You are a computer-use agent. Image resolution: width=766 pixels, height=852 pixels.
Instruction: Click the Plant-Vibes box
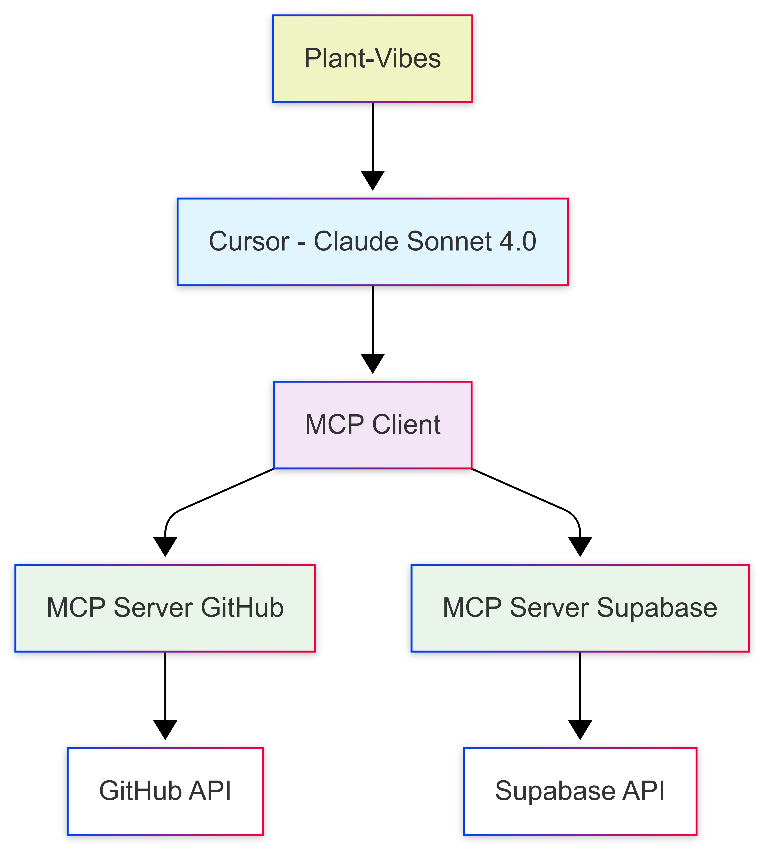tap(373, 59)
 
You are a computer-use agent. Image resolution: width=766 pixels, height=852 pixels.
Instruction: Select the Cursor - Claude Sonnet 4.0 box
tap(373, 242)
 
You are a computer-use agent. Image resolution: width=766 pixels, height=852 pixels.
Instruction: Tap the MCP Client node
tap(373, 425)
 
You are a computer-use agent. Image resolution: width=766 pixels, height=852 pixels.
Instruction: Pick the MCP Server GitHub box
tap(165, 608)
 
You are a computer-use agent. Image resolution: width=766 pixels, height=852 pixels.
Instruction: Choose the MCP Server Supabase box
tap(580, 608)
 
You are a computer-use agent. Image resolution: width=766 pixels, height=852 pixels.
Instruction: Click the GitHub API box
tap(165, 791)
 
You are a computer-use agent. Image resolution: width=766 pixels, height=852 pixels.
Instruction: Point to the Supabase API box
tap(580, 791)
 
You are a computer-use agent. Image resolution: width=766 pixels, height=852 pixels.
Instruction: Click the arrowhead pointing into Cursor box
tap(373, 180)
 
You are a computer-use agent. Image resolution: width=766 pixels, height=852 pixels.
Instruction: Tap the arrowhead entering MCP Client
tap(373, 363)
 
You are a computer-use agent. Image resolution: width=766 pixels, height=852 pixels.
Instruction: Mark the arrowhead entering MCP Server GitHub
tap(165, 546)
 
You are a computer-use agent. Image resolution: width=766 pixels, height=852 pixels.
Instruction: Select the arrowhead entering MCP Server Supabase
tap(580, 546)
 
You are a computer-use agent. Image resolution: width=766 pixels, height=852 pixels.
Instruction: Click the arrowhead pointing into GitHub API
tap(165, 729)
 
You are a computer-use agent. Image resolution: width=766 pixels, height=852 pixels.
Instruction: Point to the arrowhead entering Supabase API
tap(580, 729)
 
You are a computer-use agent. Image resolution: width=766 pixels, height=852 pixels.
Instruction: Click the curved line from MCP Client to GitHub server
tap(219, 493)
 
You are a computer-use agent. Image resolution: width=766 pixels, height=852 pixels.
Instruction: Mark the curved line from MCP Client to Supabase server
tap(526, 493)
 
